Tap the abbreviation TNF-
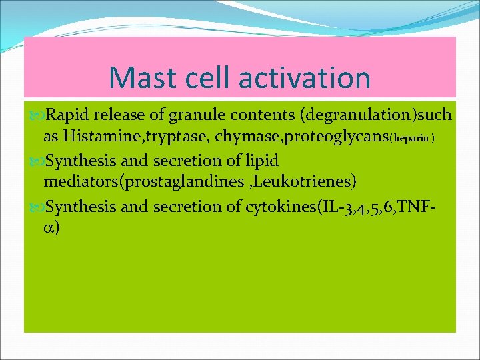coord(434,206)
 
